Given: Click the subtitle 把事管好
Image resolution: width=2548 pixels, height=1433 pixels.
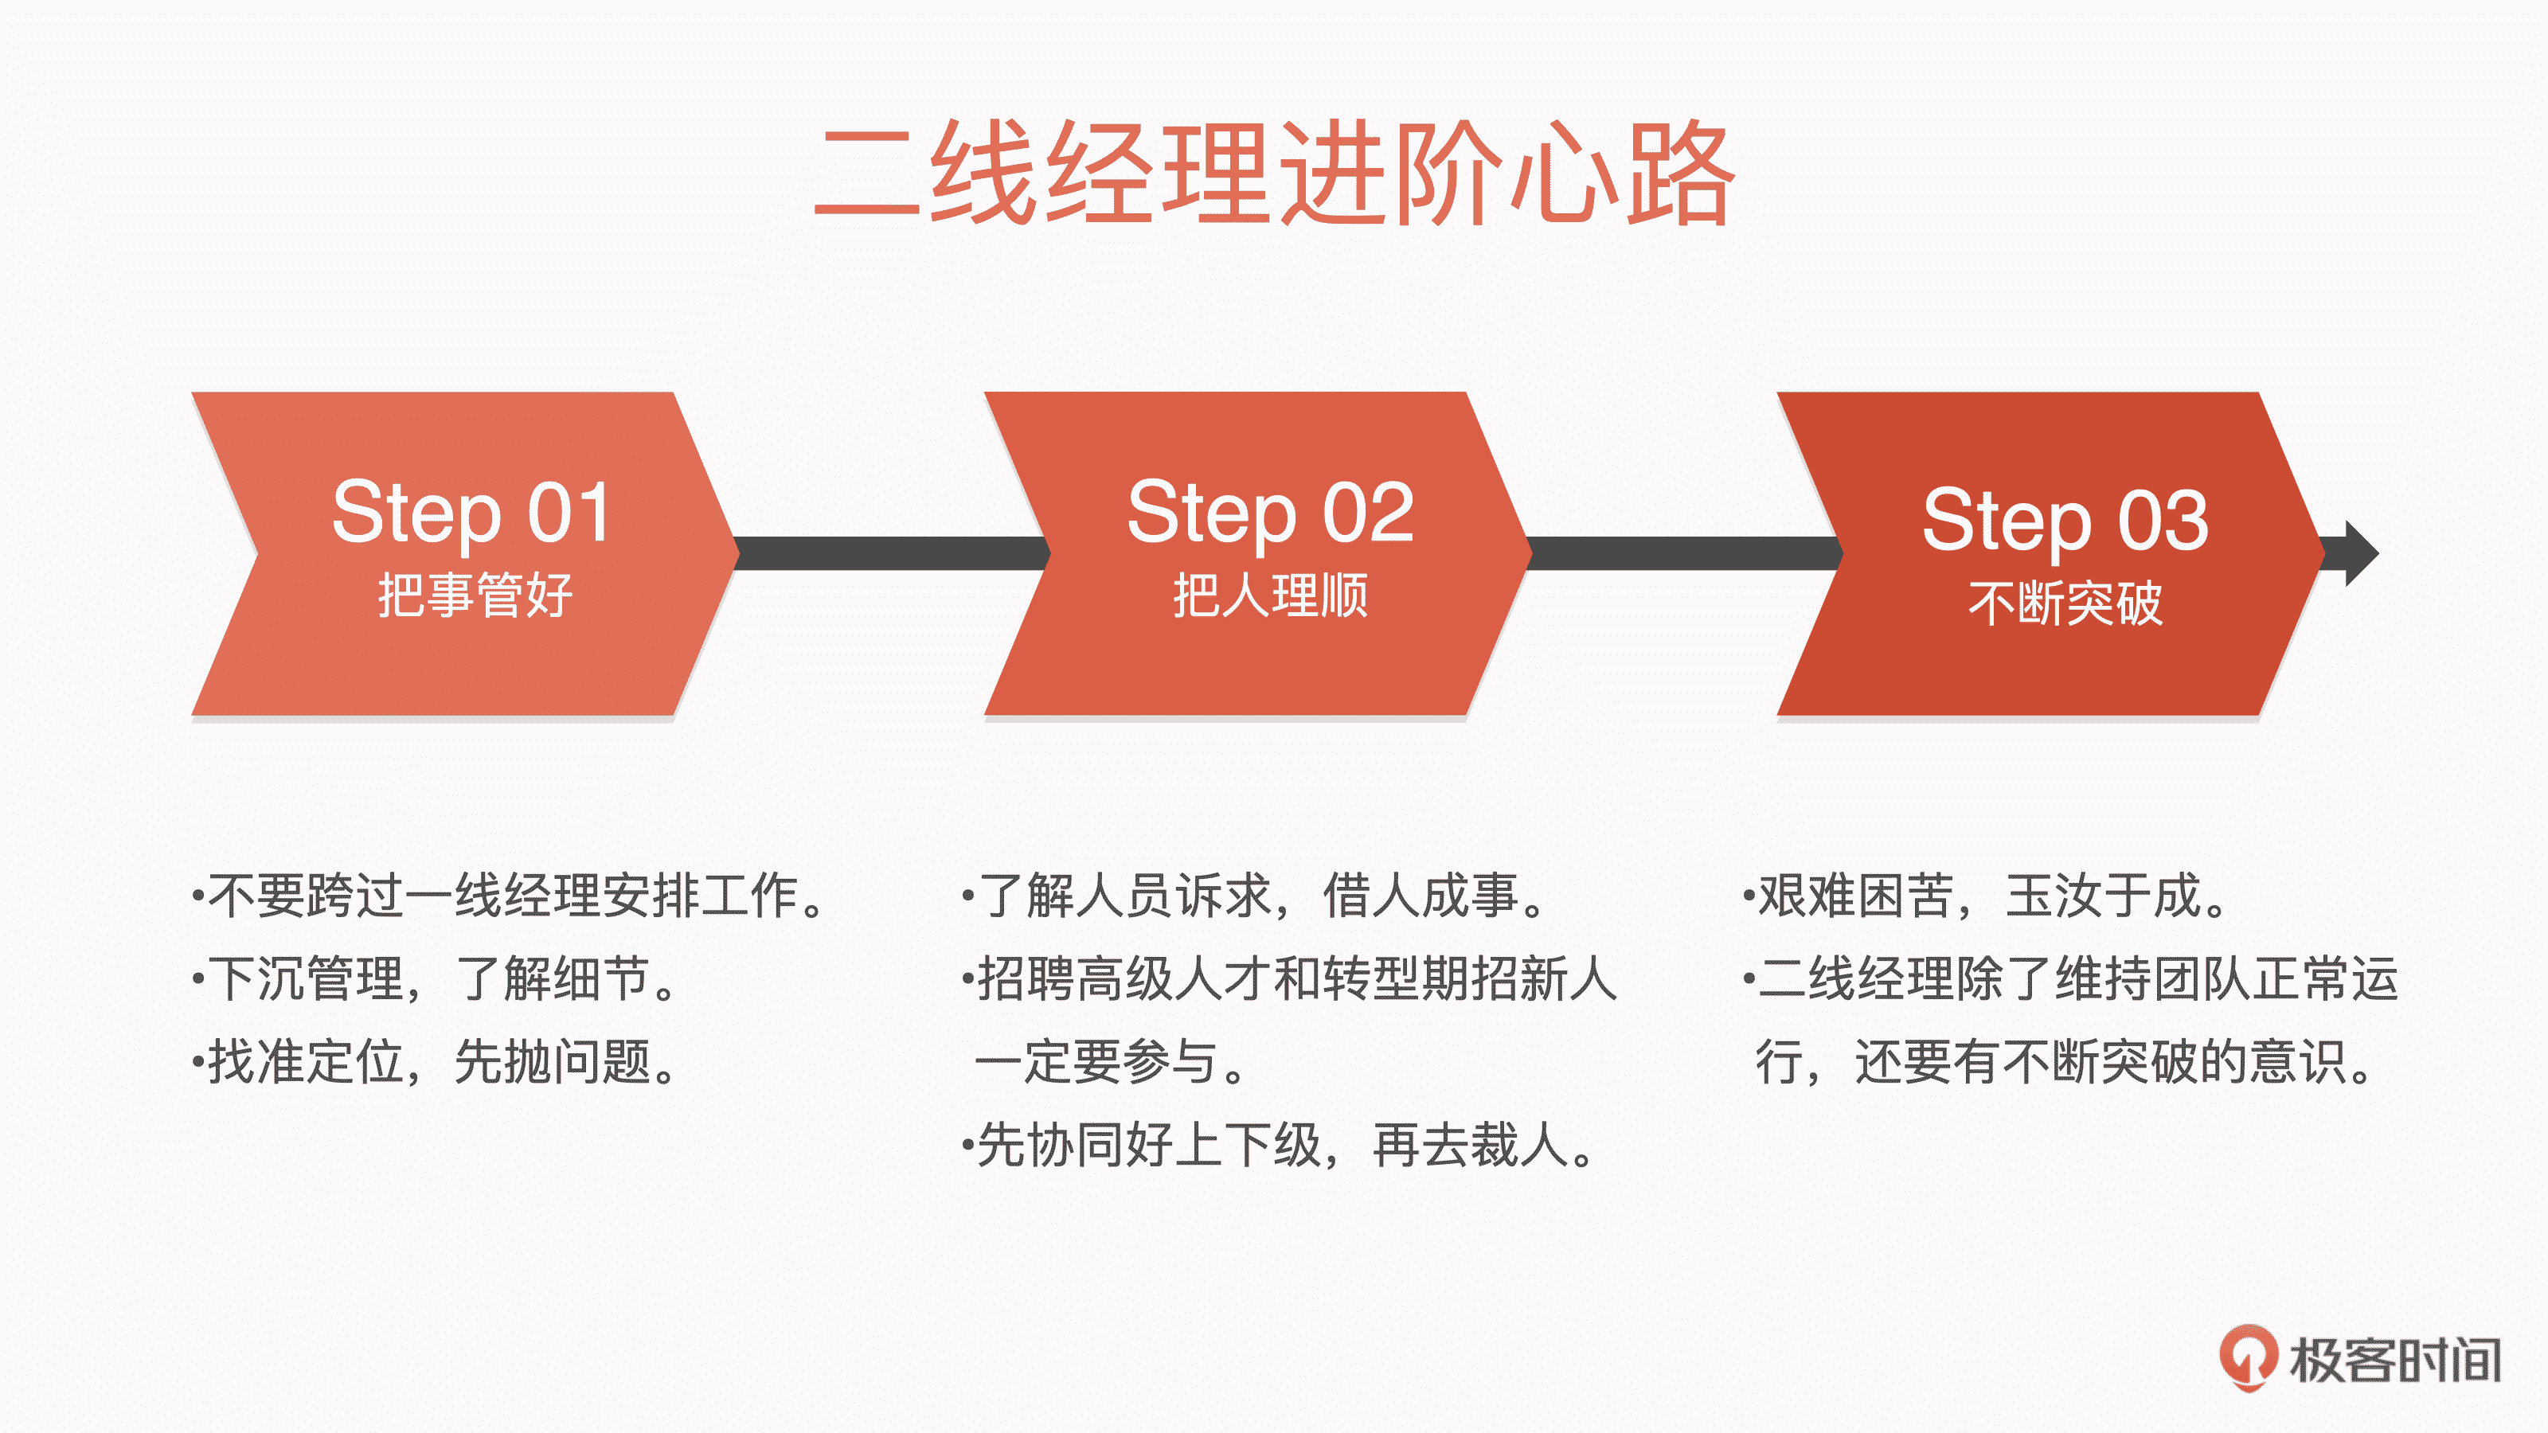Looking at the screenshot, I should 475,595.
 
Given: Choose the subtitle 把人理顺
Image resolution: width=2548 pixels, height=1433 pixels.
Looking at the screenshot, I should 1270,595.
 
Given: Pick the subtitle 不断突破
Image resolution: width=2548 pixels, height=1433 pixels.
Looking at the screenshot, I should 2065,603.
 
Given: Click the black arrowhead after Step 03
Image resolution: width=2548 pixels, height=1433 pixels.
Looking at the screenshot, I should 2360,554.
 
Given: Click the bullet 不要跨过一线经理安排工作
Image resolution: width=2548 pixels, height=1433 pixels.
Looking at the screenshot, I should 510,896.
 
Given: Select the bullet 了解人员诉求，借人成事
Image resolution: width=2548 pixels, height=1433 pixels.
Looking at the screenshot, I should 1254,896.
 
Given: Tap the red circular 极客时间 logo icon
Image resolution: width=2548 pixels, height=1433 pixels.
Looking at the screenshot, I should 2247,1358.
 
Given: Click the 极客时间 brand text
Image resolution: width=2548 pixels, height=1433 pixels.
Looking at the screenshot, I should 2396,1360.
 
